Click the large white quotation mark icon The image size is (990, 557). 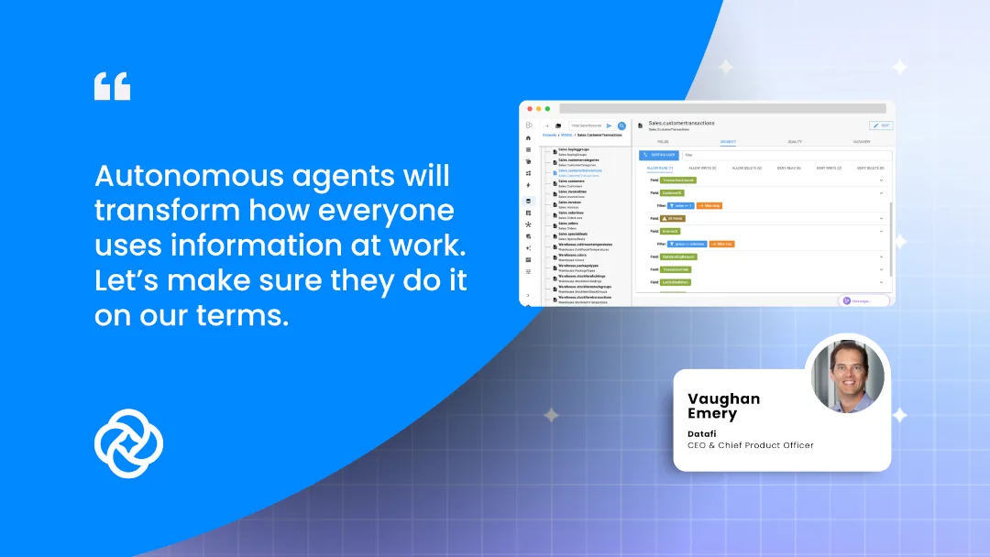(112, 87)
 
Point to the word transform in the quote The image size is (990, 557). (164, 210)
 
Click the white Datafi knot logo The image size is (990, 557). (128, 443)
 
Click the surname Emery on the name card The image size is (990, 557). (711, 414)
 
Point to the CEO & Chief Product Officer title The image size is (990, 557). (750, 445)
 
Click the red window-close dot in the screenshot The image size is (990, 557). (529, 109)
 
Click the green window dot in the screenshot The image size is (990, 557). (547, 109)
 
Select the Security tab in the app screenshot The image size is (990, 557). (728, 142)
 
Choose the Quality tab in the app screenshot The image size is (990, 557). (795, 142)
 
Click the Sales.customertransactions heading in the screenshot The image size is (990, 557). (681, 123)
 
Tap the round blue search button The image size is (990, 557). (621, 126)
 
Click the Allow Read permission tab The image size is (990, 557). (660, 168)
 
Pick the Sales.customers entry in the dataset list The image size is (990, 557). (570, 181)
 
